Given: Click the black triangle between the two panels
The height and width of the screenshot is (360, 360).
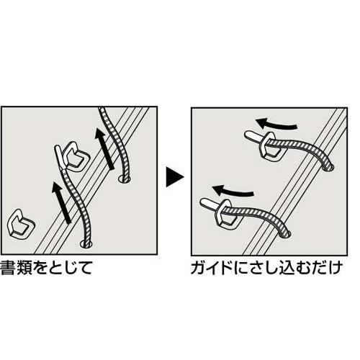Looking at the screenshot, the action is (x=174, y=177).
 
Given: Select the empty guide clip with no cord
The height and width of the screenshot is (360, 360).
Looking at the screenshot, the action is (x=22, y=224).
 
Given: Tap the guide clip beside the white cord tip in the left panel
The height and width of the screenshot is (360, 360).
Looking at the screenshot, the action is (x=76, y=156).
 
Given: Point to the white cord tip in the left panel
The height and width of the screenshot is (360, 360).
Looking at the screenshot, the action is (x=59, y=158).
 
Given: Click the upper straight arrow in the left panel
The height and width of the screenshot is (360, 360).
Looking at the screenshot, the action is (x=104, y=149).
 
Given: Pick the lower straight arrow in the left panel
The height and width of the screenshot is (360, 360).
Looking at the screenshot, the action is (x=61, y=203).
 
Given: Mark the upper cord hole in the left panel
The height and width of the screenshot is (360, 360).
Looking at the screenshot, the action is (x=125, y=179).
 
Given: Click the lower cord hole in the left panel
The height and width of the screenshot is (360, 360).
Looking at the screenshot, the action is (x=86, y=244).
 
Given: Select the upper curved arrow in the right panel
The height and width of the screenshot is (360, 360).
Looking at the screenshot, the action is (x=276, y=124).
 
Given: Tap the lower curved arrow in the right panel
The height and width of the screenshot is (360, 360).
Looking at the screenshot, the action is (x=233, y=191).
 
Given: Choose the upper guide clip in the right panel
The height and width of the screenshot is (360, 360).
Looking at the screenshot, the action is (x=270, y=147).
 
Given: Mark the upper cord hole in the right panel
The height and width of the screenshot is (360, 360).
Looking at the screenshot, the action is (x=328, y=167).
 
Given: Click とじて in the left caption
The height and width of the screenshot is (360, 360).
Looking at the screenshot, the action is (x=70, y=268).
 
